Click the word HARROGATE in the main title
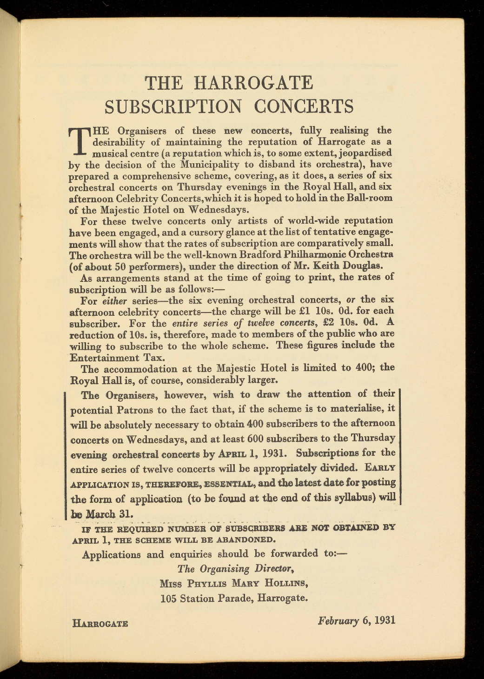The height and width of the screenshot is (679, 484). (254, 83)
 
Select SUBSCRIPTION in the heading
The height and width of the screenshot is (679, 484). (173, 107)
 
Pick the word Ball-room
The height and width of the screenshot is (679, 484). (370, 198)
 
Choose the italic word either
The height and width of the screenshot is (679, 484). (114, 300)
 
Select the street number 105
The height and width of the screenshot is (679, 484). (168, 598)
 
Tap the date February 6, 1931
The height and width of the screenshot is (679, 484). (357, 620)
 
